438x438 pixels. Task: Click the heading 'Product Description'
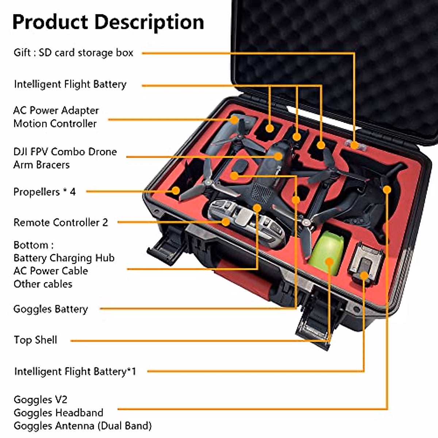coord(108,22)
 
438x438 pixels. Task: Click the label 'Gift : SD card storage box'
coord(73,53)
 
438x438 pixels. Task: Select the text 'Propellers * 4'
coord(45,192)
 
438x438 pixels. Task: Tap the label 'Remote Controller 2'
coord(61,223)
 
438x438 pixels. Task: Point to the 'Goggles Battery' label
coord(51,309)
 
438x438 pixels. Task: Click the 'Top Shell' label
coord(35,340)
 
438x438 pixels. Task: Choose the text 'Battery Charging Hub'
coord(64,258)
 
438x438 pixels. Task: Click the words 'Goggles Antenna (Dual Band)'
coord(82,426)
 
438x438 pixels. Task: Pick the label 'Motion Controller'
coord(55,124)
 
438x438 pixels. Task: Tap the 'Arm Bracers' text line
coord(41,165)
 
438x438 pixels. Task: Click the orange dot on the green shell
coord(329,262)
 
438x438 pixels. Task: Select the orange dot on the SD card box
coord(354,145)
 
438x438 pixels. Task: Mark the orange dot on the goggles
coord(387,189)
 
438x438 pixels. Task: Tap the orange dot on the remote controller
coord(226,222)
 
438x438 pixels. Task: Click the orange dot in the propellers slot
coord(176,191)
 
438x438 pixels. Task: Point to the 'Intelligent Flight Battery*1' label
coord(75,372)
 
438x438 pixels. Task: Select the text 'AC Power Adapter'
coord(56,111)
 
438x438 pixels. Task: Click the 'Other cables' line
coord(43,284)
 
